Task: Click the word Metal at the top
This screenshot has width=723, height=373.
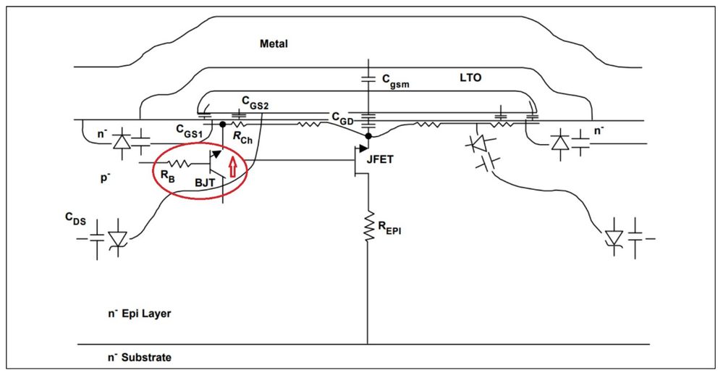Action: pos(274,44)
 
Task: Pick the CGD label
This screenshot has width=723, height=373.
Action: pos(342,117)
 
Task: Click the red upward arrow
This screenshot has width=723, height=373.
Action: pos(232,168)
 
